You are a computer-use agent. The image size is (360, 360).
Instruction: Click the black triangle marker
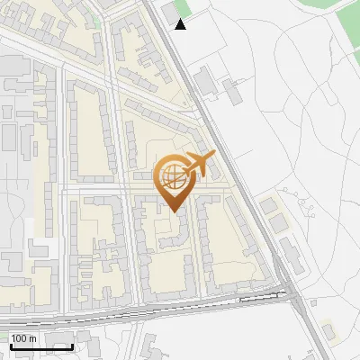pyautogui.click(x=181, y=24)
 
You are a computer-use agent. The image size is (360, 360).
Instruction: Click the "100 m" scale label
pyautogui.click(x=23, y=337)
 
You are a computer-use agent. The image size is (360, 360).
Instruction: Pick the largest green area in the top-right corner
pyautogui.click(x=347, y=21)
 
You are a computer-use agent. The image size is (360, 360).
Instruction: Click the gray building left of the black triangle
pyautogui.click(x=168, y=13)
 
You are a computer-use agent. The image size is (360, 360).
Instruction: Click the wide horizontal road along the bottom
pyautogui.click(x=135, y=311)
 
